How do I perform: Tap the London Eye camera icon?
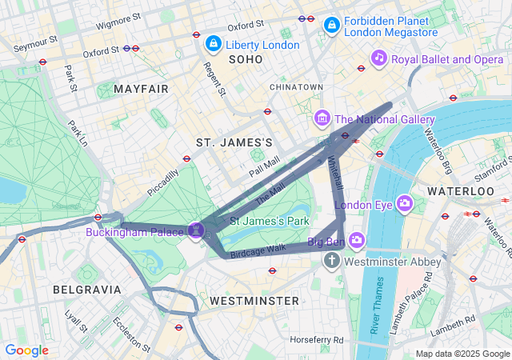[405, 204]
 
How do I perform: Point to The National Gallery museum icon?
[322, 119]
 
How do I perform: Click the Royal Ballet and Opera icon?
[379, 58]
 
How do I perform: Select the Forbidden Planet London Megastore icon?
[330, 26]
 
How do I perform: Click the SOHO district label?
[246, 60]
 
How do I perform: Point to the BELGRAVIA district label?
[87, 289]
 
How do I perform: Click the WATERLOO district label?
[461, 192]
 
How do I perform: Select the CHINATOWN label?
[297, 86]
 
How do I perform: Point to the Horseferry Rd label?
[318, 340]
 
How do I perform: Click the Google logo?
[27, 350]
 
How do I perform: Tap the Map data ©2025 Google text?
[462, 354]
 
